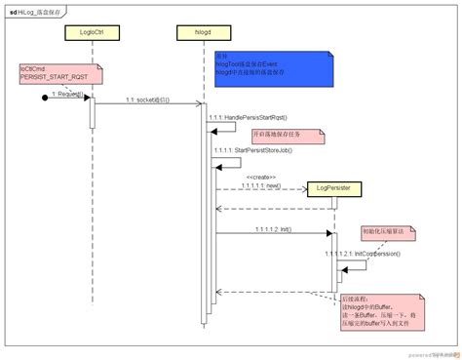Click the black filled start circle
pyautogui.click(x=46, y=98)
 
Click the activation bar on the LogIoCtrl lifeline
pyautogui.click(x=93, y=110)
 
